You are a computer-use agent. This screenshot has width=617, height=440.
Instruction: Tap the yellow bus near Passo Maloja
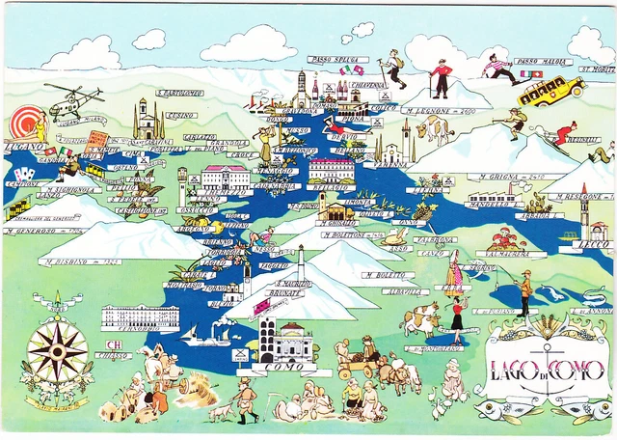click(x=550, y=92)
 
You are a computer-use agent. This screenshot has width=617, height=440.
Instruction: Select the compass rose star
click(x=57, y=350)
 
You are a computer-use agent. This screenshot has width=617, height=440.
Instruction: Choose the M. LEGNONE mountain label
click(x=447, y=111)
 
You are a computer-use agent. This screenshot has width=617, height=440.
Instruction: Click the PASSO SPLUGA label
click(x=339, y=60)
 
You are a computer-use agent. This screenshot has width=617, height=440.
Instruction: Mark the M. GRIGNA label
click(x=512, y=178)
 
